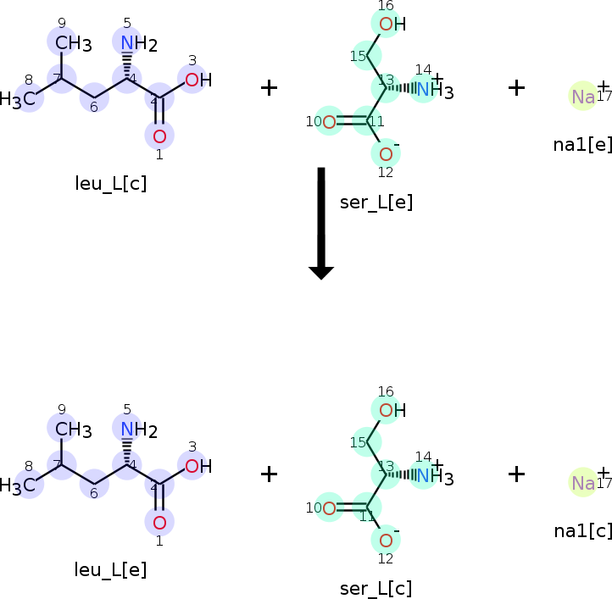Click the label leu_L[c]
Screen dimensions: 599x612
pyautogui.click(x=110, y=184)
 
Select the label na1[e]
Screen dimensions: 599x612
pyautogui.click(x=581, y=144)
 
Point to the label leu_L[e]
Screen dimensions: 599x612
pyautogui.click(x=110, y=570)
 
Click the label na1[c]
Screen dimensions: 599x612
pyautogui.click(x=581, y=530)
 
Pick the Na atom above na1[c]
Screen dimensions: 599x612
pyautogui.click(x=583, y=483)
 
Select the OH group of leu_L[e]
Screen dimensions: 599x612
pyautogui.click(x=197, y=466)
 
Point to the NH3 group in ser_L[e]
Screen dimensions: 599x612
pyautogui.click(x=432, y=89)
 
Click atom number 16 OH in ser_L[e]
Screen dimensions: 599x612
pyautogui.click(x=391, y=24)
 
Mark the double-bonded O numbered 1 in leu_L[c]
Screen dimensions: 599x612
pyautogui.click(x=159, y=136)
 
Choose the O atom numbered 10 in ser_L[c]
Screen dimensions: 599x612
pyautogui.click(x=328, y=508)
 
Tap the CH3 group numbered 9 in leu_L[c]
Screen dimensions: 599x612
pyautogui.click(x=71, y=44)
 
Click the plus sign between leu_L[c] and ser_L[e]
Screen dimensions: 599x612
pyautogui.click(x=269, y=87)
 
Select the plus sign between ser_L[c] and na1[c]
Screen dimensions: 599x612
pyautogui.click(x=516, y=474)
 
